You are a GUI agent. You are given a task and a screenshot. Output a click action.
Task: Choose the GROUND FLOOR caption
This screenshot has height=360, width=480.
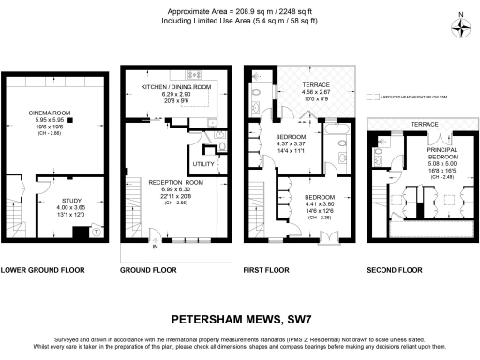[x=150, y=270]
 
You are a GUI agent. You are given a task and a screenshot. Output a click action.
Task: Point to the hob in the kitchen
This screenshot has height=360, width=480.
[x=195, y=72]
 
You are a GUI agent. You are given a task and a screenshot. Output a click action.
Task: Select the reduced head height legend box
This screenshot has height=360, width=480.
[x=373, y=96]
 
